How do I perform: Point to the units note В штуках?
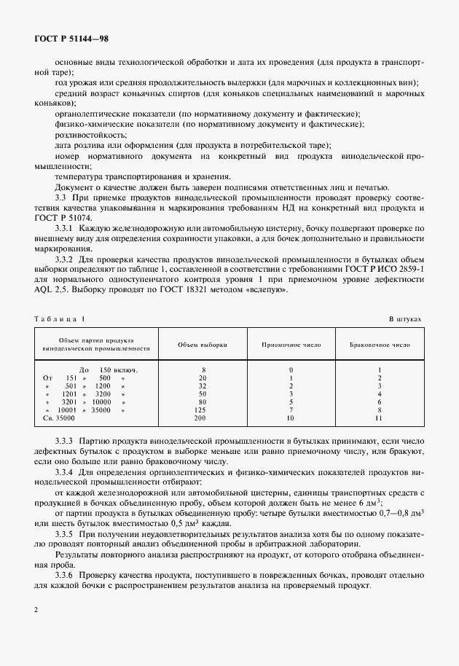coord(404,319)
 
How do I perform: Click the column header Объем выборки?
coord(203,344)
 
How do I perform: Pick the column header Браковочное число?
coord(380,344)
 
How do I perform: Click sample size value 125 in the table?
coord(203,410)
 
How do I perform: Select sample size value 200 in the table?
coord(203,418)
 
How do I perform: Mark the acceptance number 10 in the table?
coord(291,418)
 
